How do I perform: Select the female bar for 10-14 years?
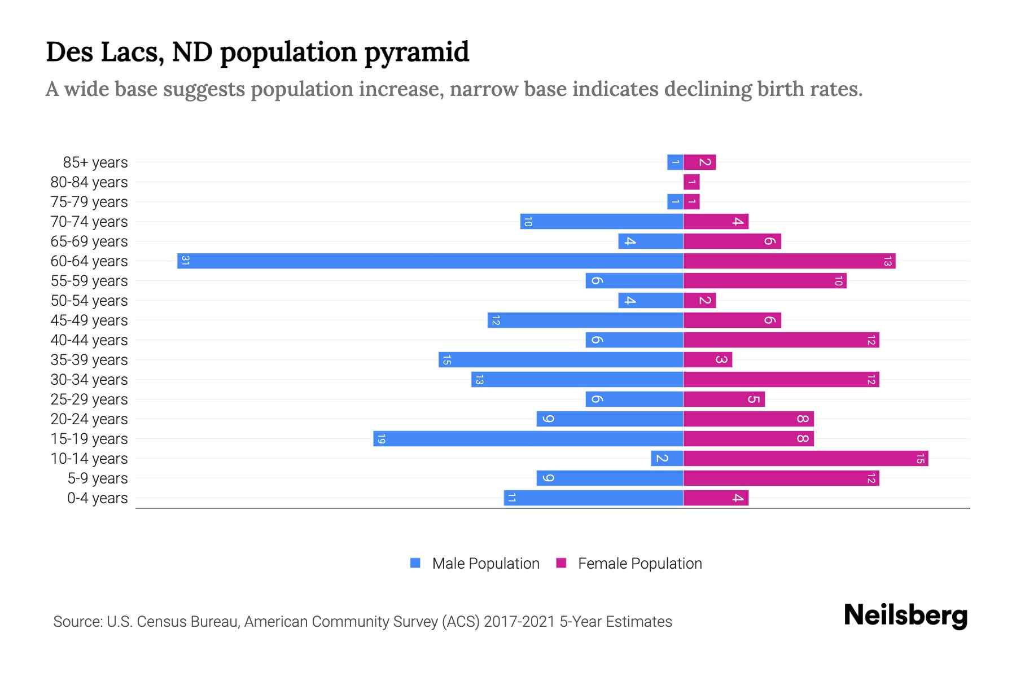tap(805, 458)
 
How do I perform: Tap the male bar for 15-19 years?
tap(528, 438)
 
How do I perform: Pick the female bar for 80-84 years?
tap(691, 182)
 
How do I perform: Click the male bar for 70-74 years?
tap(602, 221)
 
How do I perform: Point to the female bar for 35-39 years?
tap(708, 359)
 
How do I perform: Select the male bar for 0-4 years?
tap(593, 498)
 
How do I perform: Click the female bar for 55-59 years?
tap(765, 280)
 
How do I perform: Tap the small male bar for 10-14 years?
tap(667, 458)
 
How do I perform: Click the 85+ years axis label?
tap(95, 162)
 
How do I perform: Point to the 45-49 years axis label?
tap(89, 320)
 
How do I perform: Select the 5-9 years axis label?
tap(97, 478)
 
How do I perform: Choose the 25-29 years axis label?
tap(89, 399)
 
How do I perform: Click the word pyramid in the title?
tap(417, 52)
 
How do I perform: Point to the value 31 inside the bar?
tap(185, 261)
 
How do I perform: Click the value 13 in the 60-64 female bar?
tap(887, 261)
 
